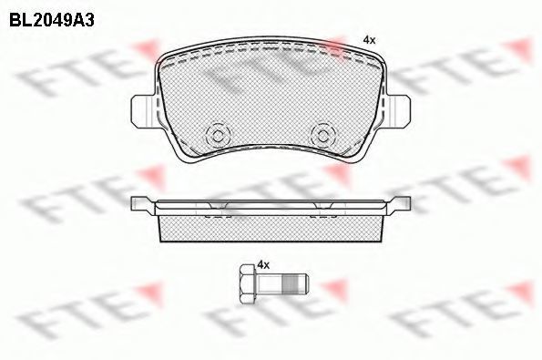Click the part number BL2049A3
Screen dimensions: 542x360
[52, 20]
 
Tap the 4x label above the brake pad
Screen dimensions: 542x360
[369, 40]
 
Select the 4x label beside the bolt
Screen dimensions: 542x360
[263, 265]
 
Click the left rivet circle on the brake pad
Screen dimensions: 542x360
[218, 135]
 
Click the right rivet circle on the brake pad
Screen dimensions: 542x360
[322, 135]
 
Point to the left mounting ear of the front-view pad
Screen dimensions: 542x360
[142, 111]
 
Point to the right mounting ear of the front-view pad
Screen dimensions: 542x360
[399, 111]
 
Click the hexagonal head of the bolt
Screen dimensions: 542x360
[246, 284]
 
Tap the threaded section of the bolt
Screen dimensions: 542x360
[291, 284]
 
